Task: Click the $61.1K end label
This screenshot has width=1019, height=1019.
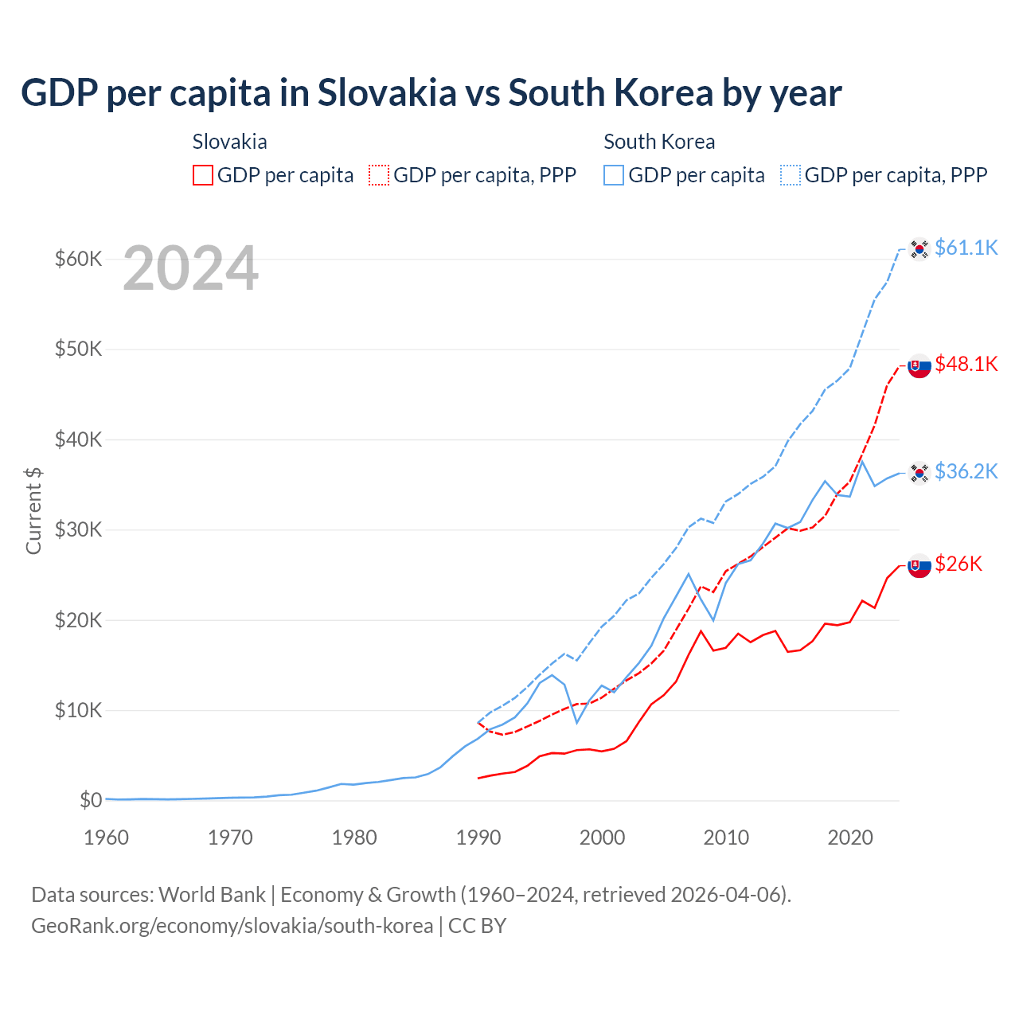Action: [x=966, y=248]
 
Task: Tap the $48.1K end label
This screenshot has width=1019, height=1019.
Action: [x=966, y=365]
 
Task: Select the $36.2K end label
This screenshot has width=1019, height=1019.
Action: [x=966, y=472]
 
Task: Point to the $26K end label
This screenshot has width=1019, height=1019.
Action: [x=958, y=564]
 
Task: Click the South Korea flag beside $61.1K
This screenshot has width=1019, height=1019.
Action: [x=919, y=249]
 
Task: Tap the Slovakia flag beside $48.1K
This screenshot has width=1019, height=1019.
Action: [x=919, y=365]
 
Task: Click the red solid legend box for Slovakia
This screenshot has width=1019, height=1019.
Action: [x=203, y=175]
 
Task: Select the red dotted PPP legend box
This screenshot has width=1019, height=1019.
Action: [x=379, y=175]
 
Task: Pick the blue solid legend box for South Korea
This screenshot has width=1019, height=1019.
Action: [x=614, y=175]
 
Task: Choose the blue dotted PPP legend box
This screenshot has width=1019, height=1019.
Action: [x=791, y=175]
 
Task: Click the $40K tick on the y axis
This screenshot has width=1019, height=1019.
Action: [x=78, y=439]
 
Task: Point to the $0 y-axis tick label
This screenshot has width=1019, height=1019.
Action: [x=91, y=800]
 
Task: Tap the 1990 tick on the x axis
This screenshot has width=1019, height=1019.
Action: [x=478, y=837]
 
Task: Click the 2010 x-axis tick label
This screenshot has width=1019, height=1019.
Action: [x=726, y=837]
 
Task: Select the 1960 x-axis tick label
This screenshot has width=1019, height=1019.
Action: [x=107, y=837]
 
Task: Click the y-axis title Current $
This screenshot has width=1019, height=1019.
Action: [x=33, y=510]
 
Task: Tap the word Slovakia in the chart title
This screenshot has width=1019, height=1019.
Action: [x=387, y=93]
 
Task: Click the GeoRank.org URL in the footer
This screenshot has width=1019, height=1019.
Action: [x=232, y=926]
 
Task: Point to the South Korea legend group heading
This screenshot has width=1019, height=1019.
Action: [x=659, y=142]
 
